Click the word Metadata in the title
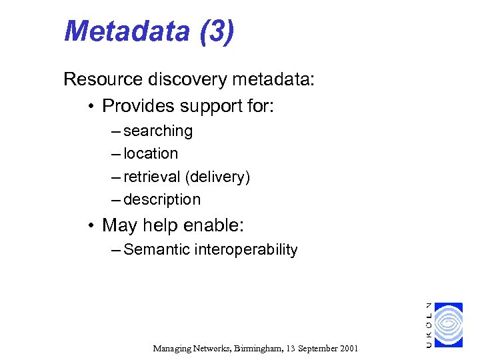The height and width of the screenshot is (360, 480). click(127, 31)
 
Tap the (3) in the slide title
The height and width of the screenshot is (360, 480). click(216, 31)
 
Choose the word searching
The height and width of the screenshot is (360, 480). click(158, 131)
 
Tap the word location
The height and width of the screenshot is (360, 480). click(151, 153)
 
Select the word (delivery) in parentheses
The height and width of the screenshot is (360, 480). click(218, 177)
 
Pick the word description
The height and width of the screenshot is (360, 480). click(162, 199)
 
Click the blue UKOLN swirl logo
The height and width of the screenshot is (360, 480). click(447, 325)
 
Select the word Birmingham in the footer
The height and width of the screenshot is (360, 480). click(254, 348)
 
